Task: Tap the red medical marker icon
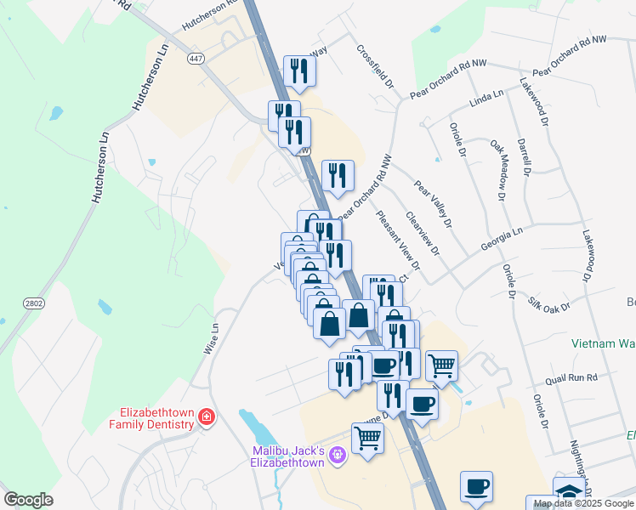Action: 206,417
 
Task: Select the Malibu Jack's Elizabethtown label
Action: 289,456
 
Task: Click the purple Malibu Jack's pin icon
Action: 338,456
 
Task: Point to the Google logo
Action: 28,500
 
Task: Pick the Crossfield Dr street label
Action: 377,67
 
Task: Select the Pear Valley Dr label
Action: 432,204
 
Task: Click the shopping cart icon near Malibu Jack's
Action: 367,439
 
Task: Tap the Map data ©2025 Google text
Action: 584,503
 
